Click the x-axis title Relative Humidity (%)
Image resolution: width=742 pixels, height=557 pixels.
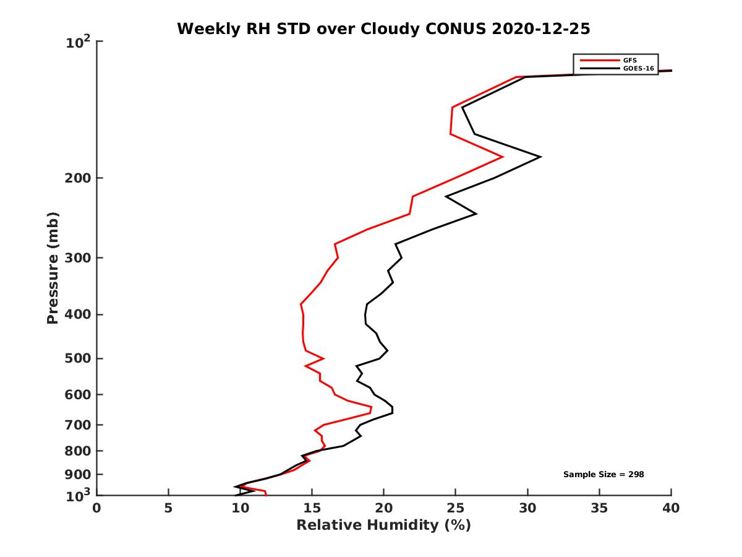pyautogui.click(x=383, y=525)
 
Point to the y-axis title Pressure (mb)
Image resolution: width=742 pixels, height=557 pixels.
pyautogui.click(x=53, y=267)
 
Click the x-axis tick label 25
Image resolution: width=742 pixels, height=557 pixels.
pyautogui.click(x=456, y=508)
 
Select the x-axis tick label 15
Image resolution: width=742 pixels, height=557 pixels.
pyautogui.click(x=312, y=508)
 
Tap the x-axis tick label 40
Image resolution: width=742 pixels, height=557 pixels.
pyautogui.click(x=671, y=508)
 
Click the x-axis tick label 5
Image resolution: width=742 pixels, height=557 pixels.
pyautogui.click(x=168, y=508)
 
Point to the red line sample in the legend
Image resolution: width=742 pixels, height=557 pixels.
pyautogui.click(x=599, y=60)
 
